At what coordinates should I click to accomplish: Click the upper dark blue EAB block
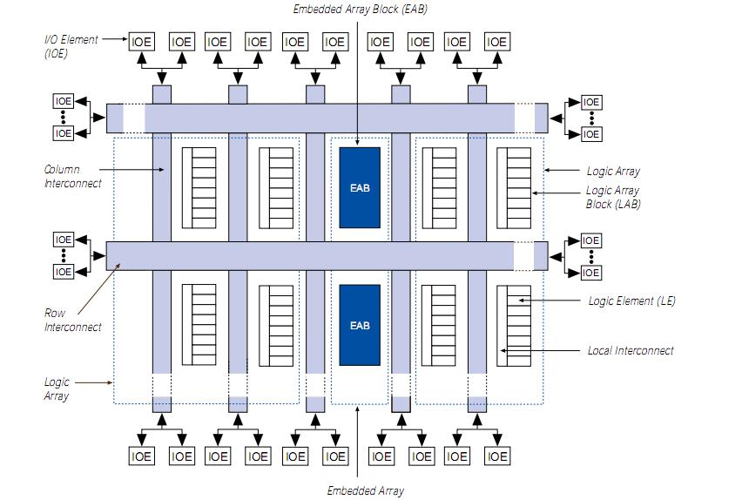pos(360,187)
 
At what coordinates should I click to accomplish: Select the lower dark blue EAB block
pos(360,324)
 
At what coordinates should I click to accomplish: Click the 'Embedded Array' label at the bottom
pos(365,490)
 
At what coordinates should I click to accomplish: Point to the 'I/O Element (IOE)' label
pos(71,46)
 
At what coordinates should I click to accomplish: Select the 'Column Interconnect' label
pos(72,176)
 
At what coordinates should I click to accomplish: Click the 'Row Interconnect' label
pos(72,320)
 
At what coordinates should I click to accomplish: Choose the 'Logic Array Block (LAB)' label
pos(612,197)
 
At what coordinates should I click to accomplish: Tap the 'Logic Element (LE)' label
pos(631,301)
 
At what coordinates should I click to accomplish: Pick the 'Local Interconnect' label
pos(630,350)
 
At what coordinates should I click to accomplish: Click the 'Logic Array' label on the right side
pos(612,172)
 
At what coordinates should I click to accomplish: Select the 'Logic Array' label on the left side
pos(57,389)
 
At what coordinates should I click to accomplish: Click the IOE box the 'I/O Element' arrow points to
pos(142,41)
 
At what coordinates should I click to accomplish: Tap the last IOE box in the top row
pos(496,41)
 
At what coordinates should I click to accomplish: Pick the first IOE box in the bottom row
pos(142,456)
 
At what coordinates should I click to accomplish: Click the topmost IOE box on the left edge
pos(64,101)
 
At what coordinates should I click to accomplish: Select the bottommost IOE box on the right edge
pos(591,273)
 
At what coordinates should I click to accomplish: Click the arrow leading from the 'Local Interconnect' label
pos(540,350)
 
